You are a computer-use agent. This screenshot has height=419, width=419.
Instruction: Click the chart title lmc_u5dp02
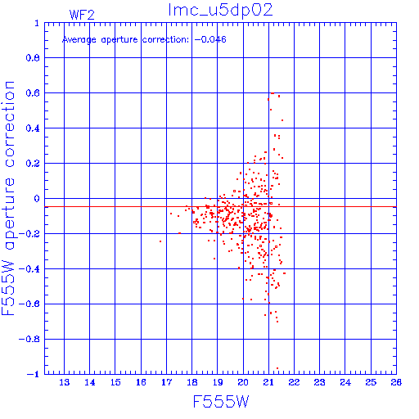pos(220,11)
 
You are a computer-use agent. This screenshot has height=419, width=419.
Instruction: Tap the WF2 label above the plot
pos(82,15)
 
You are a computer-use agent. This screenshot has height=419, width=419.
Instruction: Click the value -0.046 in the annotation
pos(210,39)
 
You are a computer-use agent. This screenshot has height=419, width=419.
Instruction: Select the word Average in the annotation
pos(79,40)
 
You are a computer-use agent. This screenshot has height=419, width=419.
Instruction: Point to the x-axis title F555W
pos(221,402)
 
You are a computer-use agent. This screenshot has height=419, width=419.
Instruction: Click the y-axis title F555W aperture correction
pos(8,198)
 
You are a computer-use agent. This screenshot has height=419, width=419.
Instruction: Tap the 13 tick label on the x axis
pos(65,382)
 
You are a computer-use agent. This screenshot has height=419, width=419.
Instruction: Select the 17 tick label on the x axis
pos(167,382)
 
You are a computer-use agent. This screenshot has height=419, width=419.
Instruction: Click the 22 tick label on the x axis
pos(294,382)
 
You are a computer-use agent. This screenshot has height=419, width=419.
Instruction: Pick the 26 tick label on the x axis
pos(396,382)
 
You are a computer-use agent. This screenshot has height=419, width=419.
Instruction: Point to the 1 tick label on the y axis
pos(37,23)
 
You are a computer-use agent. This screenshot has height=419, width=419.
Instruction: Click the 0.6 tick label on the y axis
pos(33,93)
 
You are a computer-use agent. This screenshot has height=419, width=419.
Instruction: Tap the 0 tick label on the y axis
pos(37,199)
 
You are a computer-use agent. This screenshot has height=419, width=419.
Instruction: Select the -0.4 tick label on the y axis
pos(29,269)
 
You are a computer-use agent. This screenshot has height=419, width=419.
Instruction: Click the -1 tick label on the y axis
pos(34,374)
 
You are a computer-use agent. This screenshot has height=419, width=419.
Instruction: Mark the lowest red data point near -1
pos(277,368)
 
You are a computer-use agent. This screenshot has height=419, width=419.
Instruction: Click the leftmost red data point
pos(160,241)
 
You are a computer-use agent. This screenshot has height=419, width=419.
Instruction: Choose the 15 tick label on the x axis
pos(115,382)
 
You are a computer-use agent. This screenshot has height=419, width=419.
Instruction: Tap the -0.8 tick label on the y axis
pos(29,340)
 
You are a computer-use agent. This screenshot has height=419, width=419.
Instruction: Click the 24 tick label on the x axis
pos(345,382)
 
